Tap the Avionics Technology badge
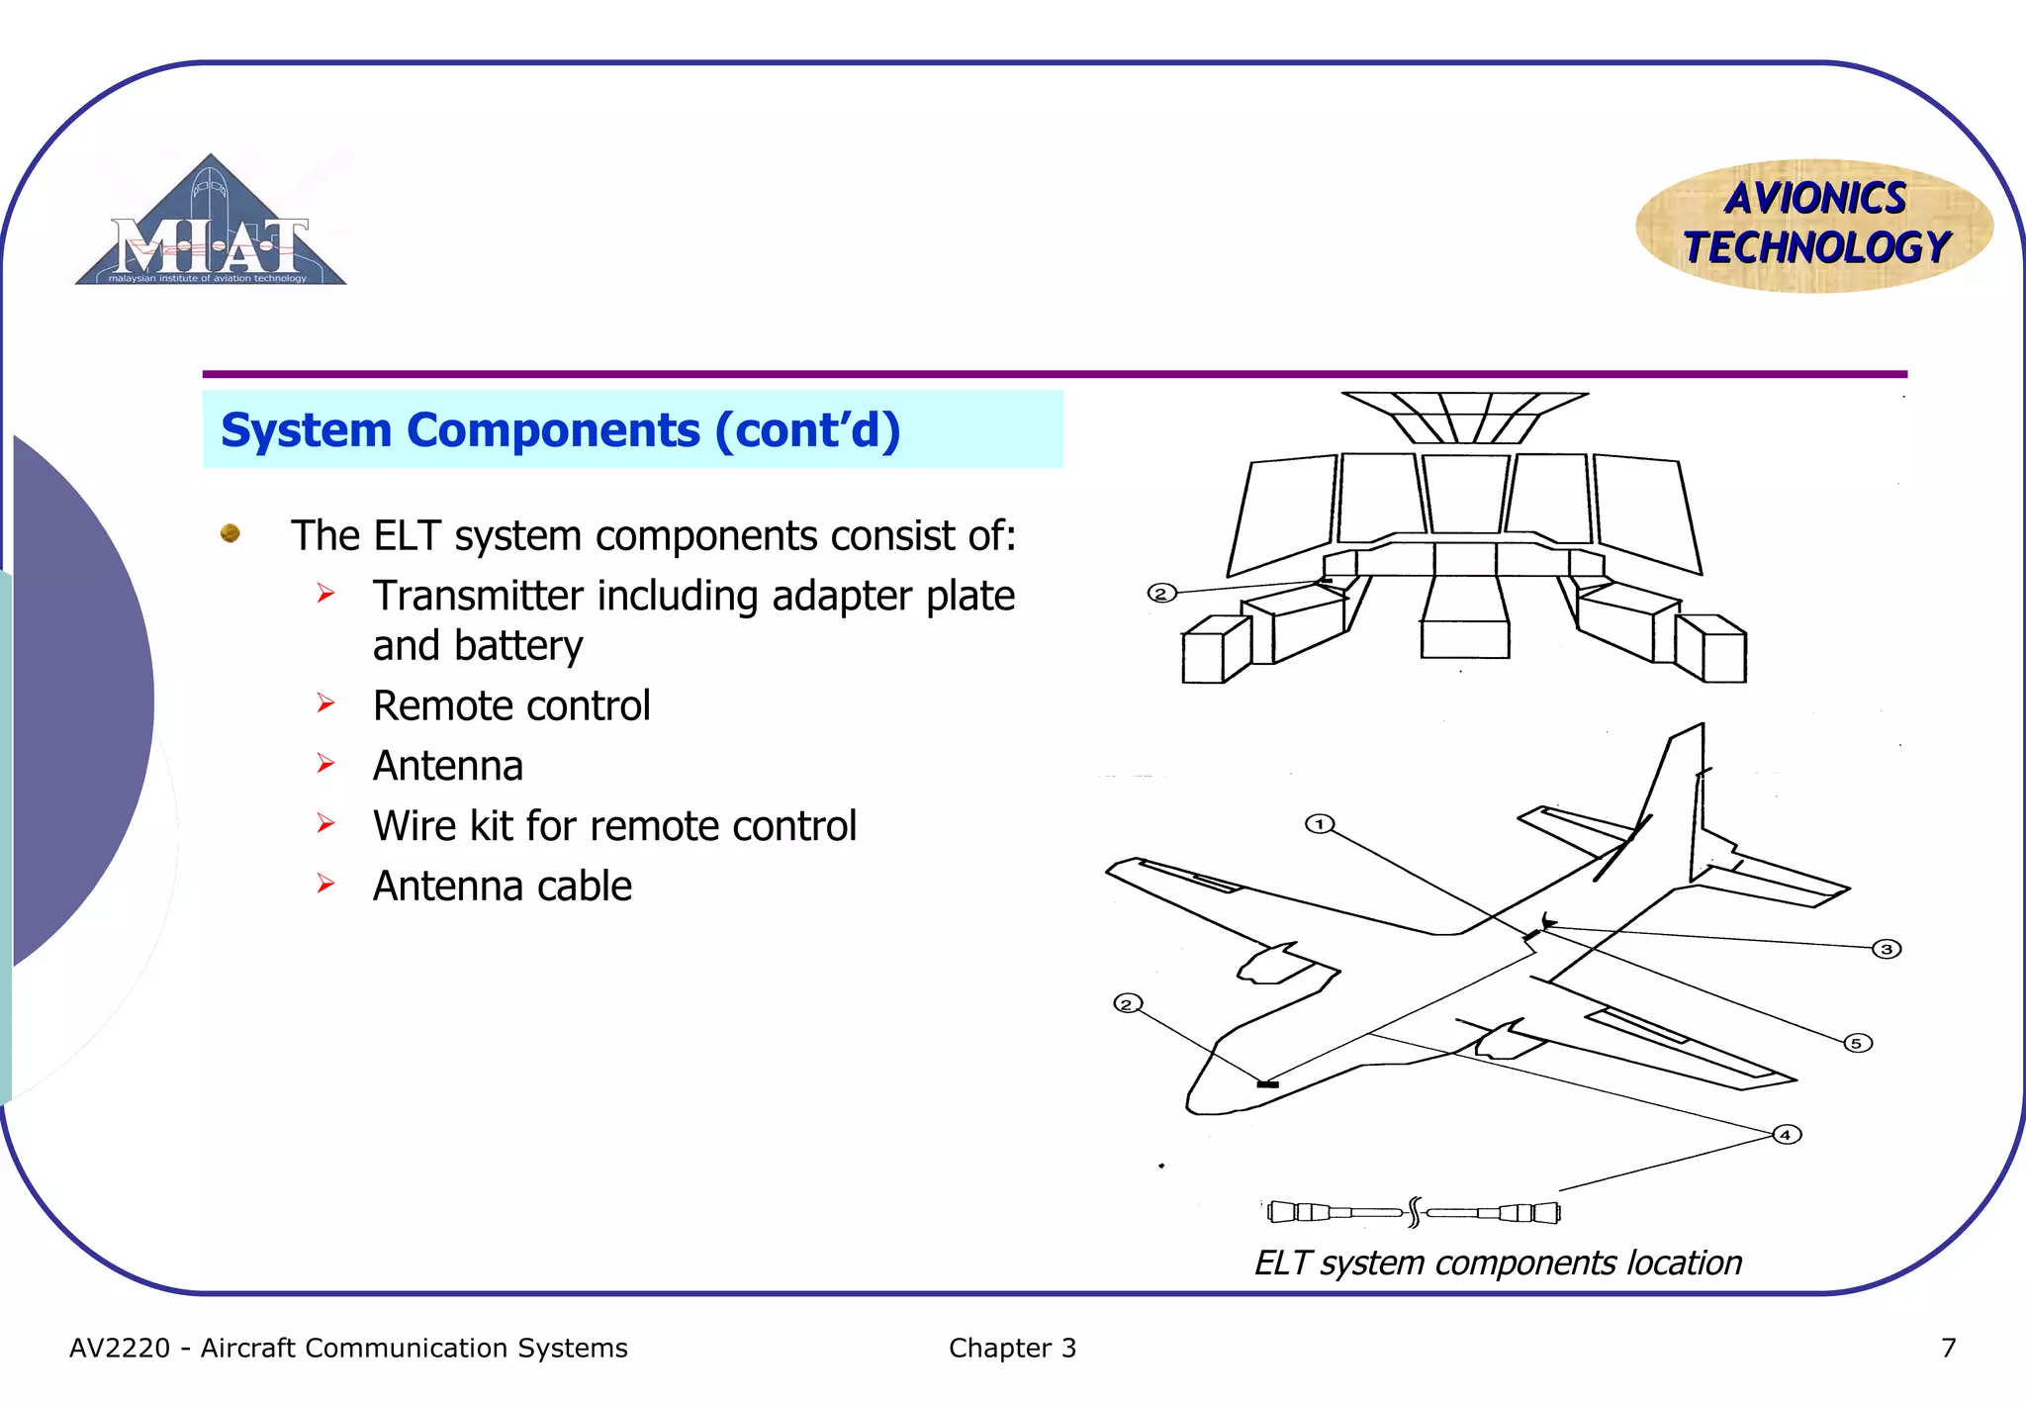(1815, 225)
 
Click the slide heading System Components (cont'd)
(560, 430)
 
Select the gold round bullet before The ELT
(230, 533)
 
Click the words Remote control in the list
(511, 705)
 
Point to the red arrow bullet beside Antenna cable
(326, 884)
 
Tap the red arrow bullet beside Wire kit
(326, 823)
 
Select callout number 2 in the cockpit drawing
(1161, 593)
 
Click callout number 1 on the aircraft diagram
(1320, 823)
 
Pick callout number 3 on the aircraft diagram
(1887, 949)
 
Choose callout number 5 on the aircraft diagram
(1857, 1043)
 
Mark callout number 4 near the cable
(1786, 1134)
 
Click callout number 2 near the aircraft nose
(1128, 1003)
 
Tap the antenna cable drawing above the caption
(1414, 1212)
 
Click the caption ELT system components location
(1498, 1263)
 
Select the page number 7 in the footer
(1948, 1348)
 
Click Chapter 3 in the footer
(1012, 1348)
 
